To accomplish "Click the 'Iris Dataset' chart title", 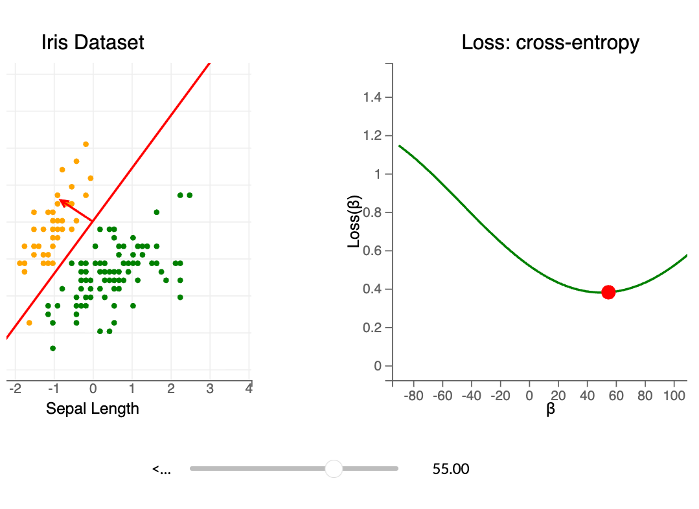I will click(x=93, y=43).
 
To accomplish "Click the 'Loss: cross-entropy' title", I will click(x=550, y=43).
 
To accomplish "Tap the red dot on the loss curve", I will click(x=608, y=292).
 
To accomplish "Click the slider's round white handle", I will click(x=334, y=468).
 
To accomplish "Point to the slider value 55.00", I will click(x=451, y=469).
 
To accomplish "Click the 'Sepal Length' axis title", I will click(x=93, y=409).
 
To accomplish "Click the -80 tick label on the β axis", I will click(x=414, y=396).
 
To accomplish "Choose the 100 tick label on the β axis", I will click(x=674, y=396).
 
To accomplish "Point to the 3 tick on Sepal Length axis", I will click(x=210, y=389).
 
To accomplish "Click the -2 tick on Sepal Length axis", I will click(x=15, y=389).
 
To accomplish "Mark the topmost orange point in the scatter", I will click(x=86, y=144).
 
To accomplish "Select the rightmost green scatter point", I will click(x=190, y=195).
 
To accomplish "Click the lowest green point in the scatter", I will click(x=52, y=348).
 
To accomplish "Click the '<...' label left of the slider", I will click(x=162, y=469).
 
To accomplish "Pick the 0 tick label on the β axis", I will click(x=529, y=396).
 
